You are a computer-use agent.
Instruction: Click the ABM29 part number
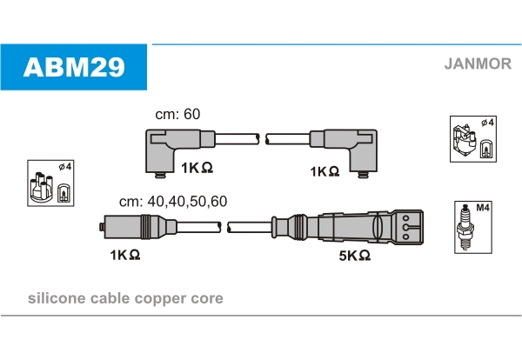[74, 67]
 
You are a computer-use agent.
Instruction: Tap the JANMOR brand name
[478, 63]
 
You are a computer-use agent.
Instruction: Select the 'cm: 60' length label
[177, 114]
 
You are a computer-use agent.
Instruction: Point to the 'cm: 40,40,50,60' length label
[173, 201]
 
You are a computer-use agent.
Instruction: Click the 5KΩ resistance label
[355, 256]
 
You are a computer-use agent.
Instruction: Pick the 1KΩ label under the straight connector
[124, 255]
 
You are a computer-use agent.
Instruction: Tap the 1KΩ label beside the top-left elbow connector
[197, 168]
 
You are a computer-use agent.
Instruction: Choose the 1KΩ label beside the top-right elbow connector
[325, 171]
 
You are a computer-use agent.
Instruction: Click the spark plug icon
[465, 227]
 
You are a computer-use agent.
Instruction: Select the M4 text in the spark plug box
[482, 208]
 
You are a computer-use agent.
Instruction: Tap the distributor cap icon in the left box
[41, 187]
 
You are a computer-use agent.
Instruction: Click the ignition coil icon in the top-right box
[464, 141]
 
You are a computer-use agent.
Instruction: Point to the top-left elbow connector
[180, 151]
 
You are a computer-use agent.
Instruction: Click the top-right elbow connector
[344, 151]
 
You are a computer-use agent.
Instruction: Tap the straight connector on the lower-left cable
[138, 227]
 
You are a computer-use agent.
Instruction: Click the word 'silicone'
[57, 298]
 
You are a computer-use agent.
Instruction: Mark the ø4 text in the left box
[65, 166]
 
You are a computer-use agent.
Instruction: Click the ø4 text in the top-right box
[488, 123]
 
